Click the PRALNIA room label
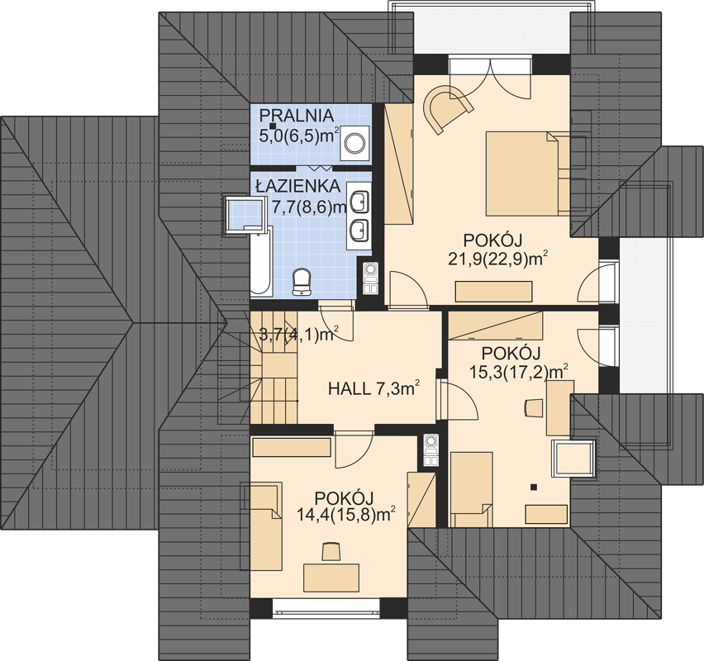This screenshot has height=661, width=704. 297,116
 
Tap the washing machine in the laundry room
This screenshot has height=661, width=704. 354,143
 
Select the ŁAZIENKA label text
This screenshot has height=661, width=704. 297,186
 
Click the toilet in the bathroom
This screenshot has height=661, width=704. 302,282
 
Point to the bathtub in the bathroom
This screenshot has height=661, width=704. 261,261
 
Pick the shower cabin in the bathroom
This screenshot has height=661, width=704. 245,214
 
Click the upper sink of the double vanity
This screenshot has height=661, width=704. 359,202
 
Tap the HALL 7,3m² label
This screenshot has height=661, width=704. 374,388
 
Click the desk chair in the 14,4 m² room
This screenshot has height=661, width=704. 331,551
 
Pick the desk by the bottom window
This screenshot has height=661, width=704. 331,578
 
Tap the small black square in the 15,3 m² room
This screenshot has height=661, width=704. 534,487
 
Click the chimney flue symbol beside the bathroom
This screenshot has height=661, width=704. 371,278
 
